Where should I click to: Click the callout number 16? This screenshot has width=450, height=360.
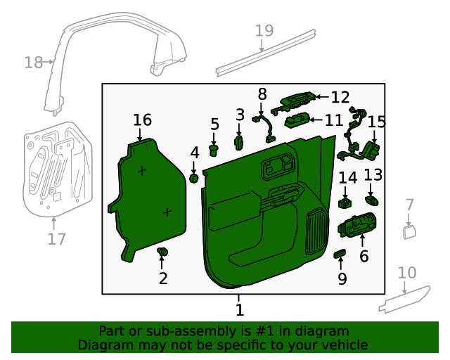click(x=142, y=120)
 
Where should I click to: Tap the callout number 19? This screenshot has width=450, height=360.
click(x=264, y=31)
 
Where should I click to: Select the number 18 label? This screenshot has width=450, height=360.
click(x=33, y=63)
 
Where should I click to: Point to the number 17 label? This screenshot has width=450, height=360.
click(x=56, y=239)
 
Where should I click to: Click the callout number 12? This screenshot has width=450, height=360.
click(x=340, y=97)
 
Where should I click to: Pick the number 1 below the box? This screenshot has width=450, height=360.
click(x=239, y=309)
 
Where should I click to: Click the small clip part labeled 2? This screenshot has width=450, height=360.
click(x=163, y=252)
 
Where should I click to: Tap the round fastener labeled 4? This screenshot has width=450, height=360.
click(x=193, y=179)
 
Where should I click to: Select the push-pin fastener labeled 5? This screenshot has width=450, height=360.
click(x=215, y=148)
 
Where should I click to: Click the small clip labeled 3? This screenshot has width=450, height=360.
click(x=239, y=143)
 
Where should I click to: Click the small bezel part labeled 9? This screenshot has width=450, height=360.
click(x=340, y=253)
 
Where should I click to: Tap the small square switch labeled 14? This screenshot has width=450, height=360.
click(x=346, y=203)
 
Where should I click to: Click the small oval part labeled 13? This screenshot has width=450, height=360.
click(x=373, y=200)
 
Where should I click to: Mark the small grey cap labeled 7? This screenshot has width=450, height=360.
click(x=409, y=231)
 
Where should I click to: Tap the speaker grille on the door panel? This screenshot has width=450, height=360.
click(x=317, y=232)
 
